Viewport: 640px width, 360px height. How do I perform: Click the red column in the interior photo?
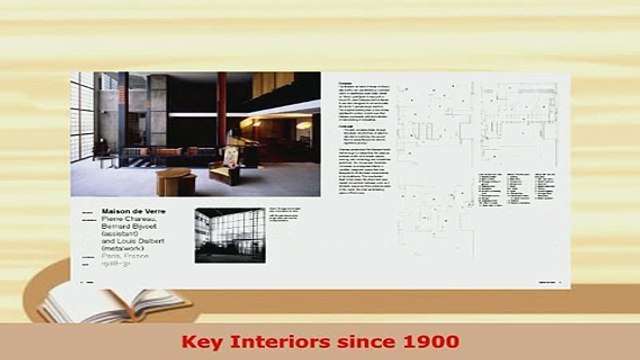coord(222,111)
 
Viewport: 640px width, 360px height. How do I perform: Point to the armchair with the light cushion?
coord(228,169)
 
